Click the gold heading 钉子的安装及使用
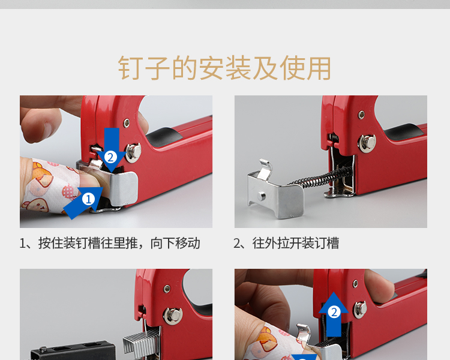pos(225,68)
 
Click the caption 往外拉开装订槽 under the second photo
pos(296,243)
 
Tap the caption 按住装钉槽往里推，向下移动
pos(119,243)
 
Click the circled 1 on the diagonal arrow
pos(88,199)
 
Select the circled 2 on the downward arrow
pos(110,157)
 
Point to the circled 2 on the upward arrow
pos(334,312)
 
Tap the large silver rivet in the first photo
pos(133,152)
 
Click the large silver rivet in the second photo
pos(367,143)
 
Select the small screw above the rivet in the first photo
pos(126,123)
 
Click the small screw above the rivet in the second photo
pos(362,115)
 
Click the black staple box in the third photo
pos(73,350)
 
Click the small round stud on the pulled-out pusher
pos(261,196)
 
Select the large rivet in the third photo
pos(172,316)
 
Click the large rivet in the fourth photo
pos(361,310)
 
